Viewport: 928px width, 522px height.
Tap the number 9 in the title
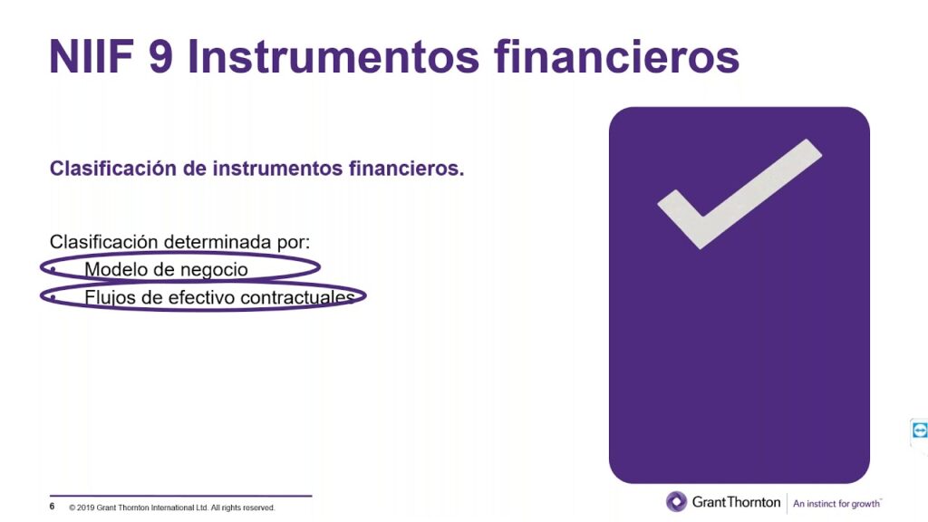(x=160, y=57)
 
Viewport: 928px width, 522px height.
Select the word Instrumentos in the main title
(x=333, y=57)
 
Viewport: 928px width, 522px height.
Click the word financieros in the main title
(x=616, y=57)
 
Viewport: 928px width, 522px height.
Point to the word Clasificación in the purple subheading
(x=113, y=169)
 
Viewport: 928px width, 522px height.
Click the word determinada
(x=217, y=242)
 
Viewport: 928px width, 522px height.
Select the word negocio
(x=214, y=270)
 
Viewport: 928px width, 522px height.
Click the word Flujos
(x=110, y=297)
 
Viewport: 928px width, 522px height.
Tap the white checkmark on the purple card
(x=739, y=194)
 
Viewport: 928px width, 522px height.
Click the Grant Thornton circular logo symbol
(x=676, y=502)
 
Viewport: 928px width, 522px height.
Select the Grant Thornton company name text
(x=736, y=502)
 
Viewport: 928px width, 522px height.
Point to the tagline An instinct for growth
(x=836, y=504)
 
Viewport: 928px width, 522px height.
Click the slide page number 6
(x=52, y=507)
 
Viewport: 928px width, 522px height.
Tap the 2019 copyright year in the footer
(x=86, y=507)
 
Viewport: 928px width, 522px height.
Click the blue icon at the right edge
(x=919, y=430)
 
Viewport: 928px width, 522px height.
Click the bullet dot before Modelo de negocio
(x=53, y=269)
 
